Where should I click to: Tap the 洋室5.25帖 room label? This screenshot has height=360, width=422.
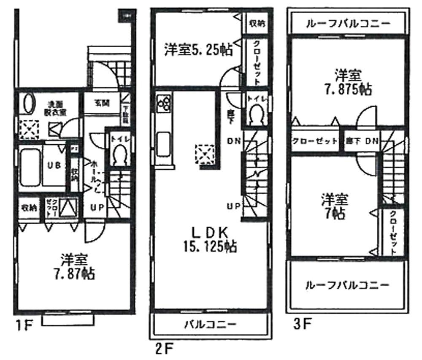pyautogui.click(x=198, y=50)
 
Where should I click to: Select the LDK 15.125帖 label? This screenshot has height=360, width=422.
pyautogui.click(x=210, y=238)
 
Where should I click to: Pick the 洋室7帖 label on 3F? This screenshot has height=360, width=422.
pyautogui.click(x=336, y=206)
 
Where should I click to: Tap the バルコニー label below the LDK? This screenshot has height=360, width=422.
pyautogui.click(x=210, y=325)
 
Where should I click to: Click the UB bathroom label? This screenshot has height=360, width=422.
pyautogui.click(x=54, y=166)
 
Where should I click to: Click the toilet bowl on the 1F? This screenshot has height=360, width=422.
pyautogui.click(x=119, y=154)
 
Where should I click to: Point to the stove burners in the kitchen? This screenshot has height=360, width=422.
pyautogui.click(x=164, y=103)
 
